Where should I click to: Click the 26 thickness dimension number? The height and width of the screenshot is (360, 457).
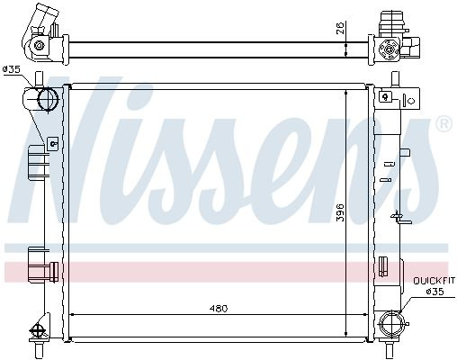coord(340,28)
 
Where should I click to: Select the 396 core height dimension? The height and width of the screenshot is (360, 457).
coord(340,212)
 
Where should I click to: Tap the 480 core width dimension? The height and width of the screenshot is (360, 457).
coord(219,308)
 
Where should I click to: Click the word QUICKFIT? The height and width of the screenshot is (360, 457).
coord(434,281)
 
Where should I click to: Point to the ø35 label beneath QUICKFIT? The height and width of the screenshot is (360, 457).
coord(435,292)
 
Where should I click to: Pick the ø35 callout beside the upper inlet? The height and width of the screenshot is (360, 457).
coord(12,69)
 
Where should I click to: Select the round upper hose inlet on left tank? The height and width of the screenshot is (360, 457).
coord(48,98)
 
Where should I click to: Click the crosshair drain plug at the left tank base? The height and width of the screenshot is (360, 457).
coord(37,331)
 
